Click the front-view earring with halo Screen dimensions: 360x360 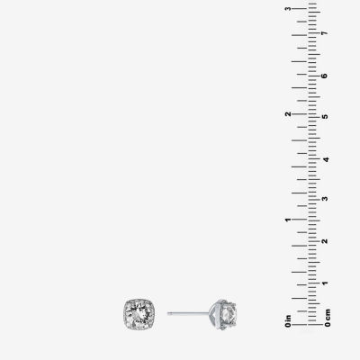pos(139,314)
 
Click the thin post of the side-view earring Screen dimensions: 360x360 pos(188,313)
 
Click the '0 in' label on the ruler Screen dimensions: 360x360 pos(288,321)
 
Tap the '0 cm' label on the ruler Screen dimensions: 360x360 pos(328,318)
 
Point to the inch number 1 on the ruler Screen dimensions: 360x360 pos(288,220)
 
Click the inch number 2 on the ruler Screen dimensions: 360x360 pos(288,114)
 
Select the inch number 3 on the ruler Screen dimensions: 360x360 pos(288,8)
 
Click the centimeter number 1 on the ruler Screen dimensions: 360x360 pos(324,283)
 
